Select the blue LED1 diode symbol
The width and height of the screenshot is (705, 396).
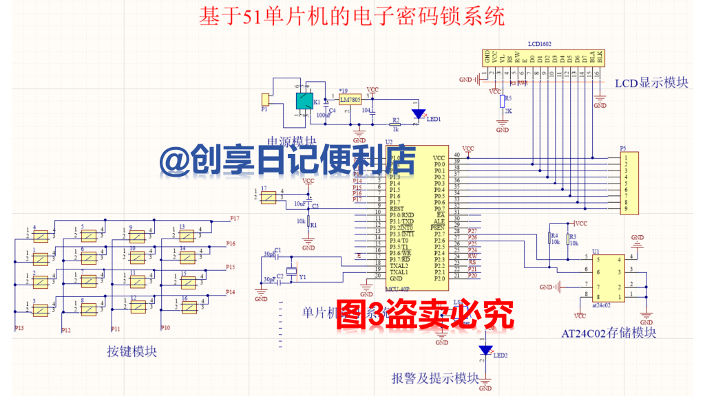coord(418,114)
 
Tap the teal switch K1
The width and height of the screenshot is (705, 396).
coord(303,102)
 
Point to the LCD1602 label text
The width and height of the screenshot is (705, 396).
coord(540,43)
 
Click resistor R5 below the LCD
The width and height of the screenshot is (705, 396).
coord(502,101)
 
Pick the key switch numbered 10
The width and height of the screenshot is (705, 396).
coord(138,258)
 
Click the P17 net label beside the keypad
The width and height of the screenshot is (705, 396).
coord(234,219)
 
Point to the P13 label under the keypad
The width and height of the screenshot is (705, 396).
coord(19,329)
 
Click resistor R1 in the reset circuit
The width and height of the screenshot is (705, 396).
coord(308,224)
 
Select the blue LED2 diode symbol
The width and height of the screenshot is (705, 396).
coord(485,351)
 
